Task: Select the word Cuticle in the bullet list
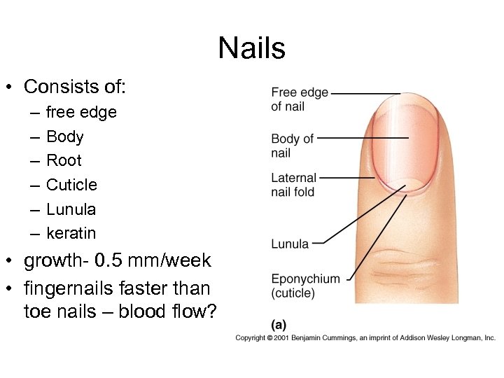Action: click(x=71, y=185)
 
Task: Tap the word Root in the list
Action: click(x=64, y=160)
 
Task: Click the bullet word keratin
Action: click(x=71, y=233)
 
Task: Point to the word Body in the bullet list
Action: click(x=64, y=136)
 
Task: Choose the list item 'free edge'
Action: click(x=81, y=112)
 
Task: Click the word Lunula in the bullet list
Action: click(x=71, y=209)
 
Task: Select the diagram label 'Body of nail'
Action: click(x=292, y=146)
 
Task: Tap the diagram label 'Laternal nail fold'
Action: click(x=293, y=185)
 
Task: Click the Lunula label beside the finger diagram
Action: click(x=289, y=244)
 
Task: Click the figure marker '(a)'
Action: click(x=279, y=325)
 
